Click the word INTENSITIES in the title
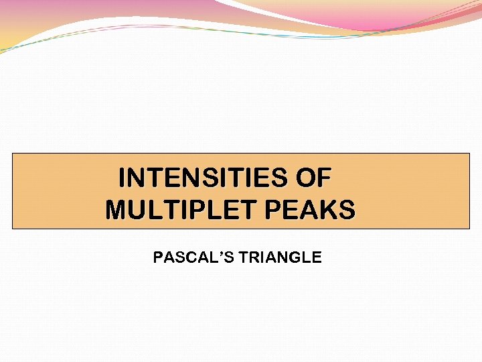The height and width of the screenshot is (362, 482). [201, 178]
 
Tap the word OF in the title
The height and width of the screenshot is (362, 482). [311, 178]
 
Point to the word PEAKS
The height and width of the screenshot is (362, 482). [310, 210]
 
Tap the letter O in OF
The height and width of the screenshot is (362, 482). [302, 178]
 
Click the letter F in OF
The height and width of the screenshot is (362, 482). [323, 178]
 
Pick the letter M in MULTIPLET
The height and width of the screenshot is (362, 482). [116, 210]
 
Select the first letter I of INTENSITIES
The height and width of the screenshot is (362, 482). [123, 178]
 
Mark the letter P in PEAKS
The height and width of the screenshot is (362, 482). [274, 210]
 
